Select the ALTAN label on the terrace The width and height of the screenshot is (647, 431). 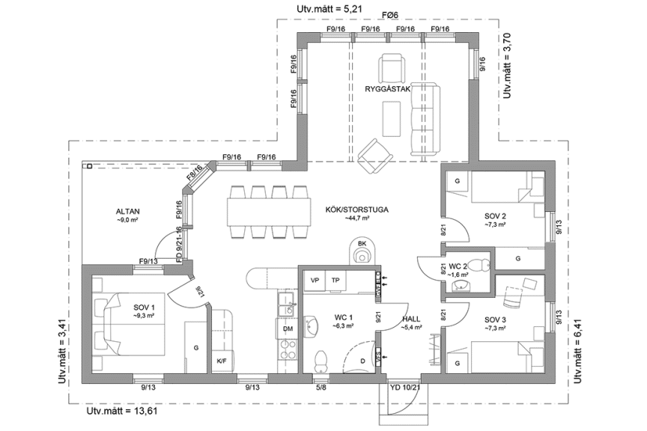[x=128, y=211]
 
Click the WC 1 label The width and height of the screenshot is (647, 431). [x=345, y=317]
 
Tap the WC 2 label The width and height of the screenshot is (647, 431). [x=458, y=266]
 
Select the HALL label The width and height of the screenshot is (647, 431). [x=411, y=318]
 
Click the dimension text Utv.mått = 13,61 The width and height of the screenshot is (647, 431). [x=122, y=411]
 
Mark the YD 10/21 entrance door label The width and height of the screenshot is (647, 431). [x=405, y=388]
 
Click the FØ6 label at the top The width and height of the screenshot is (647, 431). [x=389, y=16]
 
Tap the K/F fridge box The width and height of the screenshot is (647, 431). [x=222, y=361]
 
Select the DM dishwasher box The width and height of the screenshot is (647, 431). [x=288, y=328]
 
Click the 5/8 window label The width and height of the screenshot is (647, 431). [x=321, y=388]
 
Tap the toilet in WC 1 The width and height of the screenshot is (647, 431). [x=321, y=360]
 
